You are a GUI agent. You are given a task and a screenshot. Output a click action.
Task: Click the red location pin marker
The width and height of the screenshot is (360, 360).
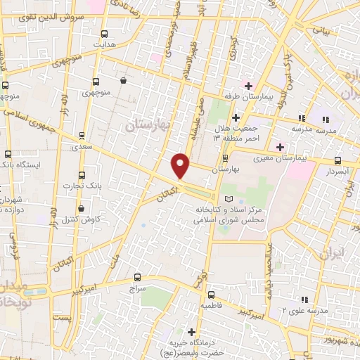[181, 165]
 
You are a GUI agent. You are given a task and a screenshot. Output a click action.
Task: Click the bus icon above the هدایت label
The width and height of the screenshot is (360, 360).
[104, 33]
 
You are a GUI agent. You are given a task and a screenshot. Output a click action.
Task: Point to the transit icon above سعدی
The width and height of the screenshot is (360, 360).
[84, 134]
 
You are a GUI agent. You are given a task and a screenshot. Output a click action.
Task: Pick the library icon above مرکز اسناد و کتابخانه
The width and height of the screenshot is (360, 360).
[225, 200]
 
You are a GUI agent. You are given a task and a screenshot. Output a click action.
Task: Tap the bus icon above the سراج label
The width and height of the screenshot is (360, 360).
[137, 278]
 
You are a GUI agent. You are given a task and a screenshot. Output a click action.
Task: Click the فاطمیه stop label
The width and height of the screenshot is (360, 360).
[211, 306]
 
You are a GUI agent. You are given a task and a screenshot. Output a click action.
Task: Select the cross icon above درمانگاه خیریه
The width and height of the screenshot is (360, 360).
[191, 331]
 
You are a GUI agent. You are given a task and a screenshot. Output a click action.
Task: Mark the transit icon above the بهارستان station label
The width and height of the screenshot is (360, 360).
[225, 158]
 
